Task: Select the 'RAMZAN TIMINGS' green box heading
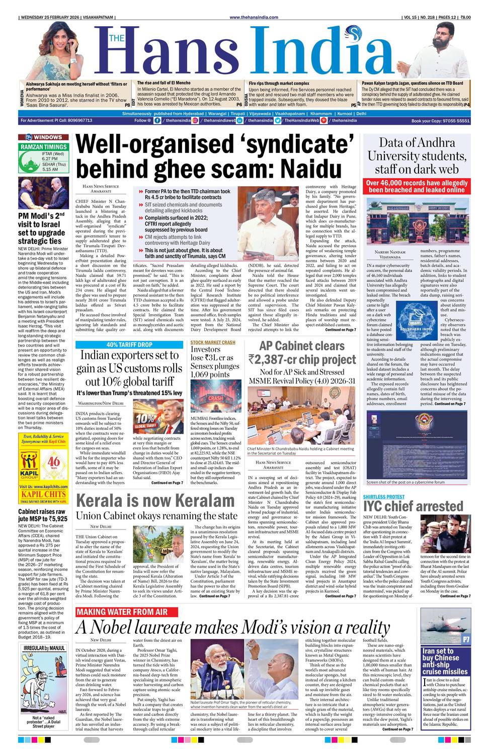[43, 146]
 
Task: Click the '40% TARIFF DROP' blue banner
[129, 345]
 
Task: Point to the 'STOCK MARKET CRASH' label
[213, 343]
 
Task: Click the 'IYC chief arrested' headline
[413, 506]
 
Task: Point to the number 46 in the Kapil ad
[53, 463]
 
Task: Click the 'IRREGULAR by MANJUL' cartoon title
[44, 648]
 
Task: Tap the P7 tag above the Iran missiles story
[466, 640]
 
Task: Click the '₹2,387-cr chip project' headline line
[302, 359]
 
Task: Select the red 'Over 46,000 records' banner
[417, 186]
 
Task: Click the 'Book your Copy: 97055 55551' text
[440, 121]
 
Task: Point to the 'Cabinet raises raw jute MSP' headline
[43, 515]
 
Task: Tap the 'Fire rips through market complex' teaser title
[279, 83]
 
